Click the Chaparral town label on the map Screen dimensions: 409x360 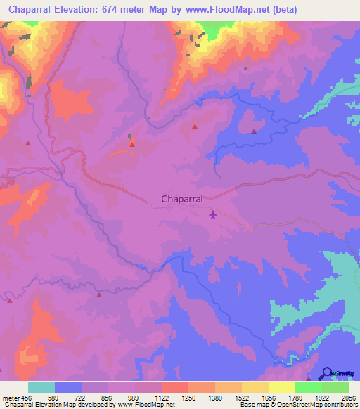coord(182,199)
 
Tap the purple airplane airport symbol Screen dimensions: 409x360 coord(213,214)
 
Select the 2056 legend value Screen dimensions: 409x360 coord(349,398)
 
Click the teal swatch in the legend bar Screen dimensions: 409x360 coord(41,387)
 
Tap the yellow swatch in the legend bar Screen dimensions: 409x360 coord(282,387)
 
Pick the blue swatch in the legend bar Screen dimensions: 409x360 coord(68,387)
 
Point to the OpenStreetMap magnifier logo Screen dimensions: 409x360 coord(327,373)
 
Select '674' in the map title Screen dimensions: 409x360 coord(112,9)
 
